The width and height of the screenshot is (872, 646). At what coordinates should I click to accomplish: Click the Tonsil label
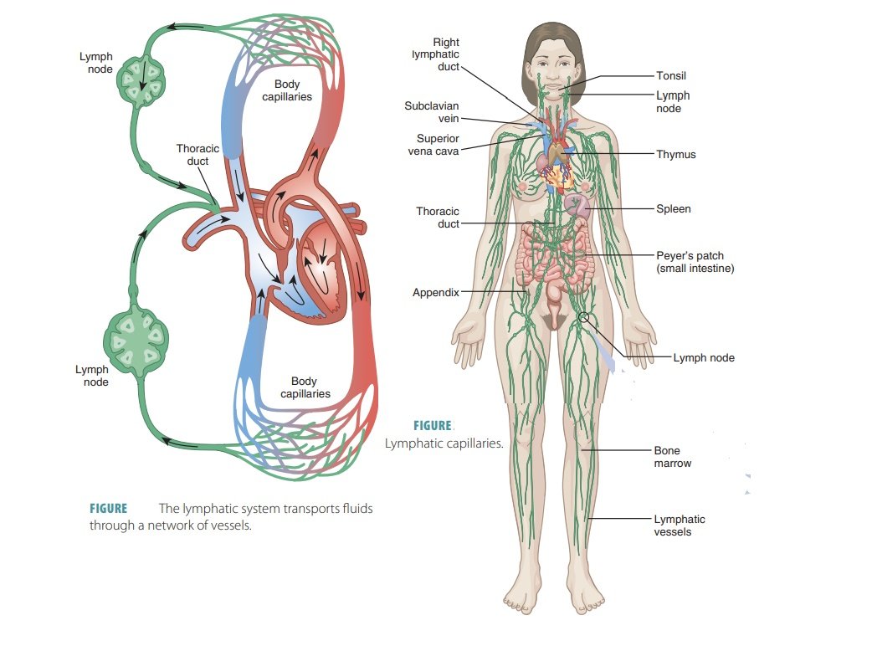point(671,76)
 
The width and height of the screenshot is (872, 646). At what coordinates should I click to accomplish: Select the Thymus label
point(676,155)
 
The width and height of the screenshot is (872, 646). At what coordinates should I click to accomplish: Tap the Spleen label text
point(674,208)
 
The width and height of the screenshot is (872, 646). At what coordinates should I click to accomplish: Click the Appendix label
point(435,293)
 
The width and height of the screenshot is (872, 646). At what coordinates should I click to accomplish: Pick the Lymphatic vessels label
point(680,526)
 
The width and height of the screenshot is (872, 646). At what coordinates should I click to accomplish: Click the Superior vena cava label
point(433,145)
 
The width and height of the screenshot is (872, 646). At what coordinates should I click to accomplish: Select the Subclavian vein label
point(431,112)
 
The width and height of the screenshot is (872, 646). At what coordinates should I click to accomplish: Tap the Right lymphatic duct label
point(436,54)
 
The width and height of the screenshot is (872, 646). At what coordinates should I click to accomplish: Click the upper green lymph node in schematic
point(141,81)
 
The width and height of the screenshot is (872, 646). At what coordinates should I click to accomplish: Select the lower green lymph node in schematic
point(136,341)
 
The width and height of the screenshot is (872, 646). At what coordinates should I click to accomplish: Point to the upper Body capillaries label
point(292,90)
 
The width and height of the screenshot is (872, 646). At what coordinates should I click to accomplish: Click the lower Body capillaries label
point(305,387)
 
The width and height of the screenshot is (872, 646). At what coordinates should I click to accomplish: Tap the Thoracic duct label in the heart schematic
point(197,155)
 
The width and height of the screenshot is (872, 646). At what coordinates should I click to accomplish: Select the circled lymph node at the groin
point(583,317)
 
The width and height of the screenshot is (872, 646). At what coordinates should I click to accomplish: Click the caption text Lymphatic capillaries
point(444,443)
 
